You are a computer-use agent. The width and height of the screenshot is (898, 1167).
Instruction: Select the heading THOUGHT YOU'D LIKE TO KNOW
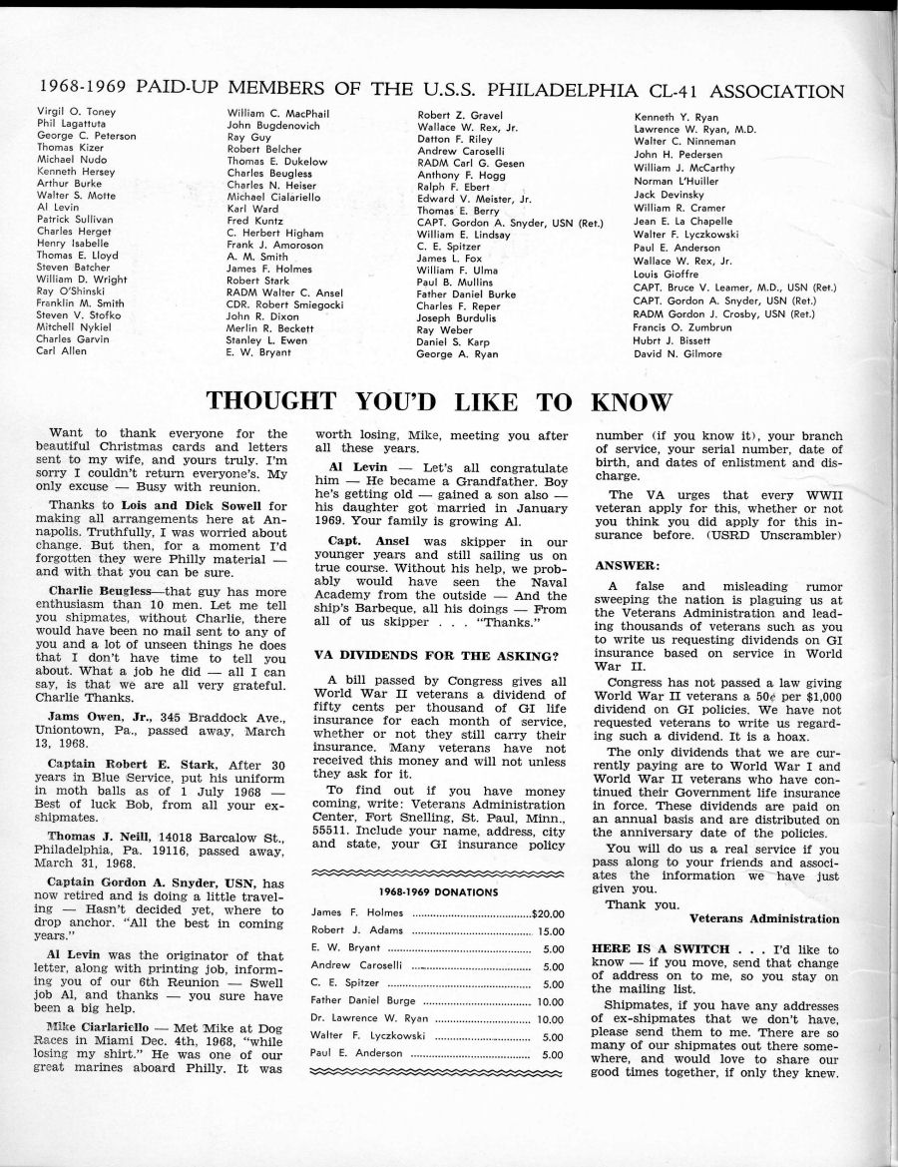click(x=439, y=401)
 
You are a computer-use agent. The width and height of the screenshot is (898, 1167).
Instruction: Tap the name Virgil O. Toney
click(x=76, y=112)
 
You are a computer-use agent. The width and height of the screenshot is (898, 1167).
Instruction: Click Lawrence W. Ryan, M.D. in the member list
click(x=695, y=129)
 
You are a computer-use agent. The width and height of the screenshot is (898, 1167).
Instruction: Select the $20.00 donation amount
click(x=548, y=912)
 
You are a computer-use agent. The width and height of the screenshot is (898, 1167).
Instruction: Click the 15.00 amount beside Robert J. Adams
click(x=552, y=930)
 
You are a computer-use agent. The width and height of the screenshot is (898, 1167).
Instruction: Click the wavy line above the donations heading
click(x=439, y=873)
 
